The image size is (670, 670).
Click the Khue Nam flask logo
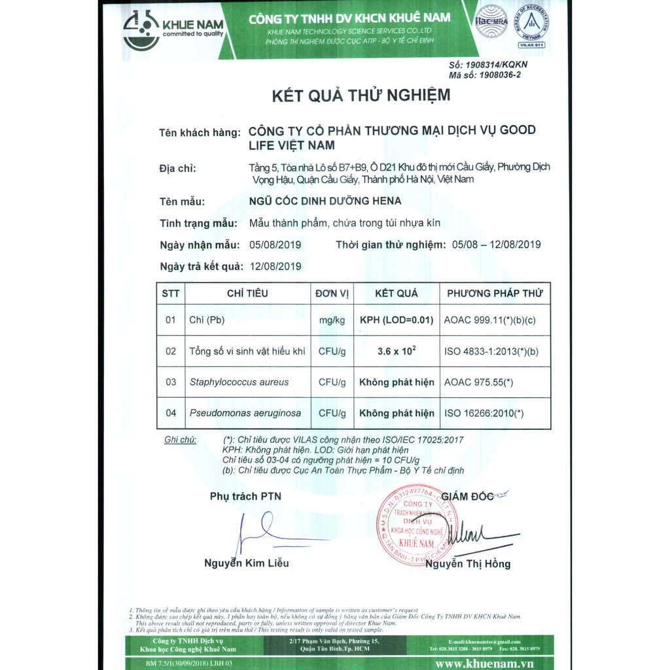pos(141,30)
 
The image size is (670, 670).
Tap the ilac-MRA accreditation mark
pos(491,21)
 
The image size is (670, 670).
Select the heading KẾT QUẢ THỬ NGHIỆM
pos(361,96)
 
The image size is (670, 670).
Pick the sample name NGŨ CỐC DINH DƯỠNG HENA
pos(325,201)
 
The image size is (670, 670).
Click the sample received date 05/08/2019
pos(275,245)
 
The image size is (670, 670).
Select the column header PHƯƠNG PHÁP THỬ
pos(495,293)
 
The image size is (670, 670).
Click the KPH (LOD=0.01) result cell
pos(397,321)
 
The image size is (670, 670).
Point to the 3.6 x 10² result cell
pos(397,351)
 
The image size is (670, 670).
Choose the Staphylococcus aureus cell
pos(239,382)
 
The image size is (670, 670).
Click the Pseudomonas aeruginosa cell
pos(245,413)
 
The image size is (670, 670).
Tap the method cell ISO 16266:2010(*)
pos(484,413)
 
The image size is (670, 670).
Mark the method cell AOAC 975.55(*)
pos(478,382)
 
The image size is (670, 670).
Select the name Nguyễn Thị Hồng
pos(468,563)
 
